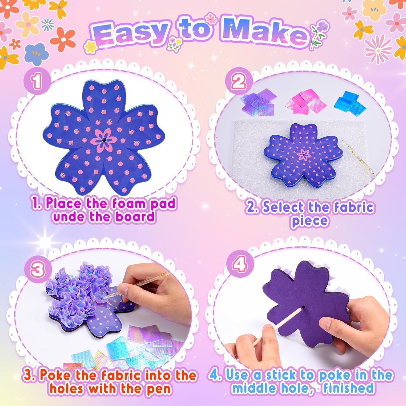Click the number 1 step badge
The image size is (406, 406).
(x=37, y=81)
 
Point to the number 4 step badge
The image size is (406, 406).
(x=239, y=264)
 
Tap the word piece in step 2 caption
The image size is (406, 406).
(x=309, y=221)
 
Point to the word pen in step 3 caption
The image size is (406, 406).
(x=159, y=389)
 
